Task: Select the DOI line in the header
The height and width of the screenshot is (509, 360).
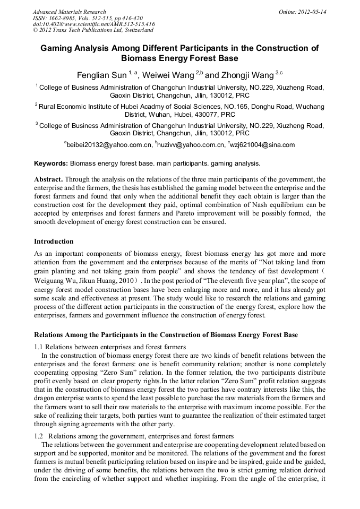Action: point(93,24)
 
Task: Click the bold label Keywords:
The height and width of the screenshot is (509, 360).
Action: point(51,163)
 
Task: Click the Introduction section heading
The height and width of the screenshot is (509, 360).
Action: point(54,241)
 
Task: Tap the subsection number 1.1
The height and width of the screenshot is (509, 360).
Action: point(39,347)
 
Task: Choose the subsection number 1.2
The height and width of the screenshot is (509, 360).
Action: point(39,436)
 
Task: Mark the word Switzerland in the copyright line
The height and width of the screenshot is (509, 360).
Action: point(135,31)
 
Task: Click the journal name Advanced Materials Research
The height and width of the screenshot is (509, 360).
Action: point(69,12)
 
